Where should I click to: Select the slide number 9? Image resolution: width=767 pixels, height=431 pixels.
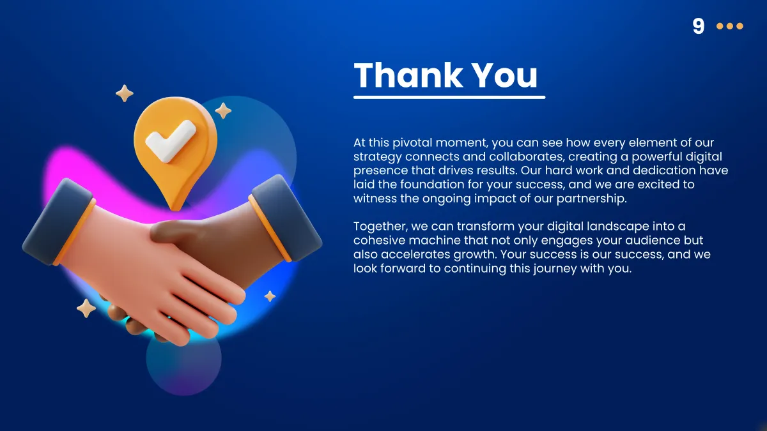tap(698, 26)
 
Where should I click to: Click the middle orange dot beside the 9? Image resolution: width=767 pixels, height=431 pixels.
tap(730, 26)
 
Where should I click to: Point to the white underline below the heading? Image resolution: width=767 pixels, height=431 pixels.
tap(449, 98)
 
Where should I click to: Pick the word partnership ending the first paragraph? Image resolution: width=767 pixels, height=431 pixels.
tap(592, 199)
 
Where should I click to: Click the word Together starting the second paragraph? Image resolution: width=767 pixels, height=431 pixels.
tap(381, 227)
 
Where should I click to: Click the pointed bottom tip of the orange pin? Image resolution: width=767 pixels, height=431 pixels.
tap(175, 209)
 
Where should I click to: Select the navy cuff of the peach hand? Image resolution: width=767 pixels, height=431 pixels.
tap(58, 222)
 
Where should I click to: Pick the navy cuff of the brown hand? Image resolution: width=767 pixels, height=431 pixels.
tap(285, 218)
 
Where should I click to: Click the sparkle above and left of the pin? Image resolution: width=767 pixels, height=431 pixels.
tap(124, 93)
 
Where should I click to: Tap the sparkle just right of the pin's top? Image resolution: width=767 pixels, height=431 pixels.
tap(223, 111)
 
